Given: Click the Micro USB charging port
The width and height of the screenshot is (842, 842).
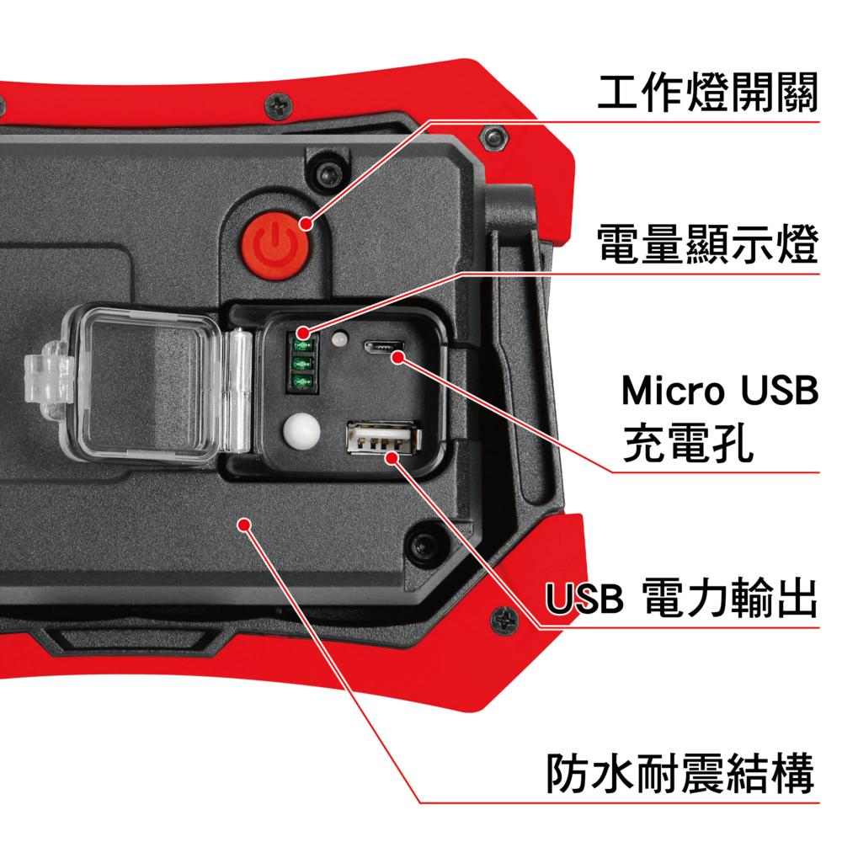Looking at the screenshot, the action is point(383,347).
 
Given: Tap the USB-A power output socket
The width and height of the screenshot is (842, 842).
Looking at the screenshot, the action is point(383,438).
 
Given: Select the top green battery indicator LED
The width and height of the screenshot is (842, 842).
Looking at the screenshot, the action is point(302,344).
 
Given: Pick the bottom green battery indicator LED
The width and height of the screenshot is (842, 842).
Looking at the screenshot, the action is point(302,381).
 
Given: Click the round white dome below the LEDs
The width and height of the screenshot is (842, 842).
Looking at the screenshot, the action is point(301,431).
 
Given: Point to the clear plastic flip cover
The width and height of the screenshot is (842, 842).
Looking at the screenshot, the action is point(145,383).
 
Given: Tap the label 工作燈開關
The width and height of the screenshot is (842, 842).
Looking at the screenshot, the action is point(708,93).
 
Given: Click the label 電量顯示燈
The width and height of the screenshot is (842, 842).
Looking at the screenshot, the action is point(708,244).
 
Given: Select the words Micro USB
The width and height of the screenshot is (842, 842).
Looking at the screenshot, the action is point(720,390).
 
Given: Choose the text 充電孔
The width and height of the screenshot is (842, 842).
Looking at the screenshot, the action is point(688,443).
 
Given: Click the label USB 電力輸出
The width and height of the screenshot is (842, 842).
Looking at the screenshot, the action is point(681,597).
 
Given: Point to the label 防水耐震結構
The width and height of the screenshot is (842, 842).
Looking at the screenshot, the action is point(680,773).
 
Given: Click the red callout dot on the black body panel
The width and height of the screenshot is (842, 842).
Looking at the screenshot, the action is point(245,524).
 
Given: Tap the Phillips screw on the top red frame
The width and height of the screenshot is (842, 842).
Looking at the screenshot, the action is point(279,106).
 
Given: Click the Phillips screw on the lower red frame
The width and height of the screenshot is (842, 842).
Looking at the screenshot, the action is point(504,621).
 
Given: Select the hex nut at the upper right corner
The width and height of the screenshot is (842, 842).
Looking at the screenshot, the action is point(493,138).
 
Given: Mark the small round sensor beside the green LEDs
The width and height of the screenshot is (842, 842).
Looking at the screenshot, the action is point(339,339).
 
